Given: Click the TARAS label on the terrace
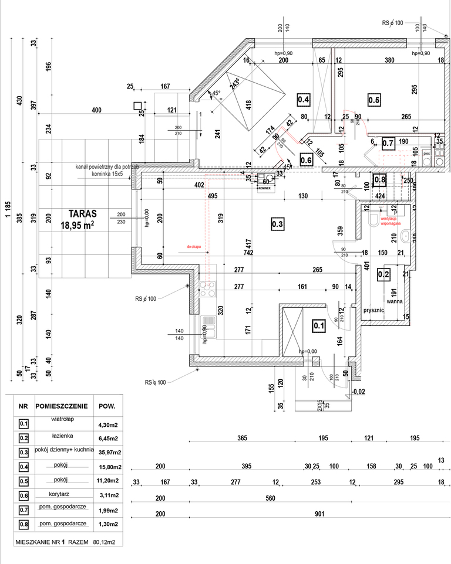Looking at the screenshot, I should click(82, 214).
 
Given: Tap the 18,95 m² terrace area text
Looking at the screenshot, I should click(78, 225).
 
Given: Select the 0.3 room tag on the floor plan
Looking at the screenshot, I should click(278, 223).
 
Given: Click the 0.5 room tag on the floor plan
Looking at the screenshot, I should click(374, 100).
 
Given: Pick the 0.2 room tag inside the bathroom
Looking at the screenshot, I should click(383, 273).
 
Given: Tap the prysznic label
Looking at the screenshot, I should click(373, 310).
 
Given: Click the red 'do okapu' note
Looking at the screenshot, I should click(194, 247).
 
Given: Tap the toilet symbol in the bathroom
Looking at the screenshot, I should click(372, 219).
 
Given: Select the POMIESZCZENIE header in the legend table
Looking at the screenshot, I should click(62, 406).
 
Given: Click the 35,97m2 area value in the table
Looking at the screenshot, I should click(109, 452).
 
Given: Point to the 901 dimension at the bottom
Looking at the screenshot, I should click(319, 515).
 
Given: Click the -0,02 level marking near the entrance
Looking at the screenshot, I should click(358, 391).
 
